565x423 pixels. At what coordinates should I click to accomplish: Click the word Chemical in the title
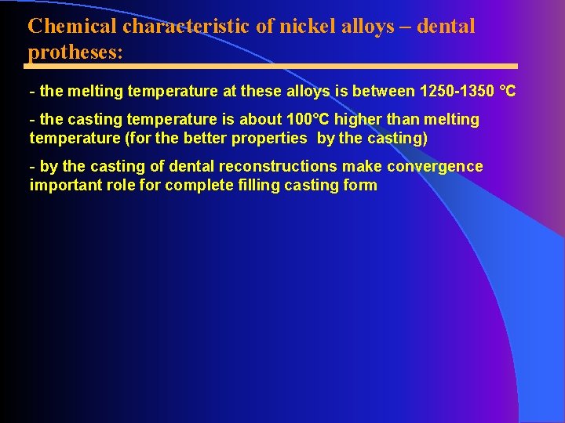tap(72, 26)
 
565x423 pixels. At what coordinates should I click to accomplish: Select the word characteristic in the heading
tap(187, 26)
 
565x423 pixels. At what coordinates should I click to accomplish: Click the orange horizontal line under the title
tap(272, 67)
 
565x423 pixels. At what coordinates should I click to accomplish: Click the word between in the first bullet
tap(384, 91)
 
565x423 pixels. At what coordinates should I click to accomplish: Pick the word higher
tap(358, 119)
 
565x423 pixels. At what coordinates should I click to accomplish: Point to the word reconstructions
tap(278, 166)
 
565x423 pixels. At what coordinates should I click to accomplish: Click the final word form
tap(359, 185)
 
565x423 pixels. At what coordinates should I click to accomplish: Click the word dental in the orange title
tap(446, 26)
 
